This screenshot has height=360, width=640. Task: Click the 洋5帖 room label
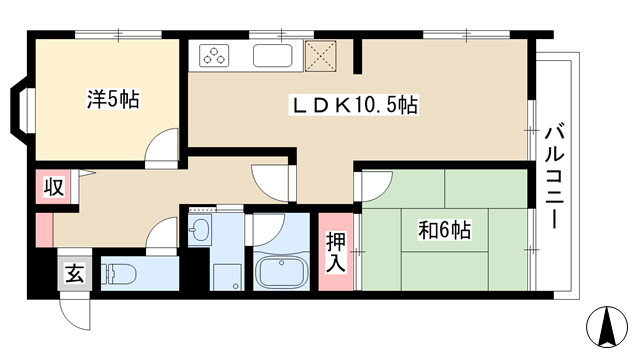coord(113,99)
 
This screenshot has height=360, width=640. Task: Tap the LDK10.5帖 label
coord(353,105)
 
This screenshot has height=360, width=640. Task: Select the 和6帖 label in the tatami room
coord(444,230)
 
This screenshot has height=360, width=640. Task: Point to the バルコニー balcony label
coord(555,178)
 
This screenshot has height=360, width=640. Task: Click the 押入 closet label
coord(336,252)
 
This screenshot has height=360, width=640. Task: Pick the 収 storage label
coord(54,187)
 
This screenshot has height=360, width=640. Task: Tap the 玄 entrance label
coord(75,273)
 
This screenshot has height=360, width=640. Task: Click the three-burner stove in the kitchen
coord(214,56)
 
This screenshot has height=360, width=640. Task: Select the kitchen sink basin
coord(273,56)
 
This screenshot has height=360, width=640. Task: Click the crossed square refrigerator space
coord(321,56)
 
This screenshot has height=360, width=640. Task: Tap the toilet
coord(118,274)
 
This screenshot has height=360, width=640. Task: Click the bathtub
coord(280,273)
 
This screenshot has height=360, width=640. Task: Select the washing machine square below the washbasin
coord(227,277)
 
